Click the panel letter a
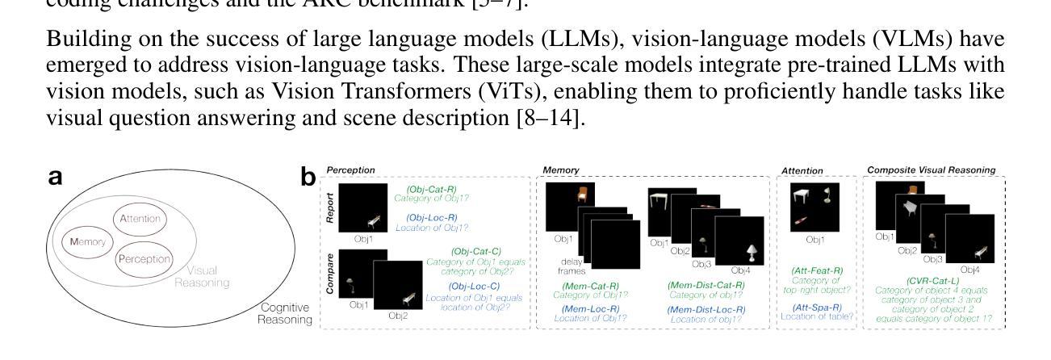coord(57,179)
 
